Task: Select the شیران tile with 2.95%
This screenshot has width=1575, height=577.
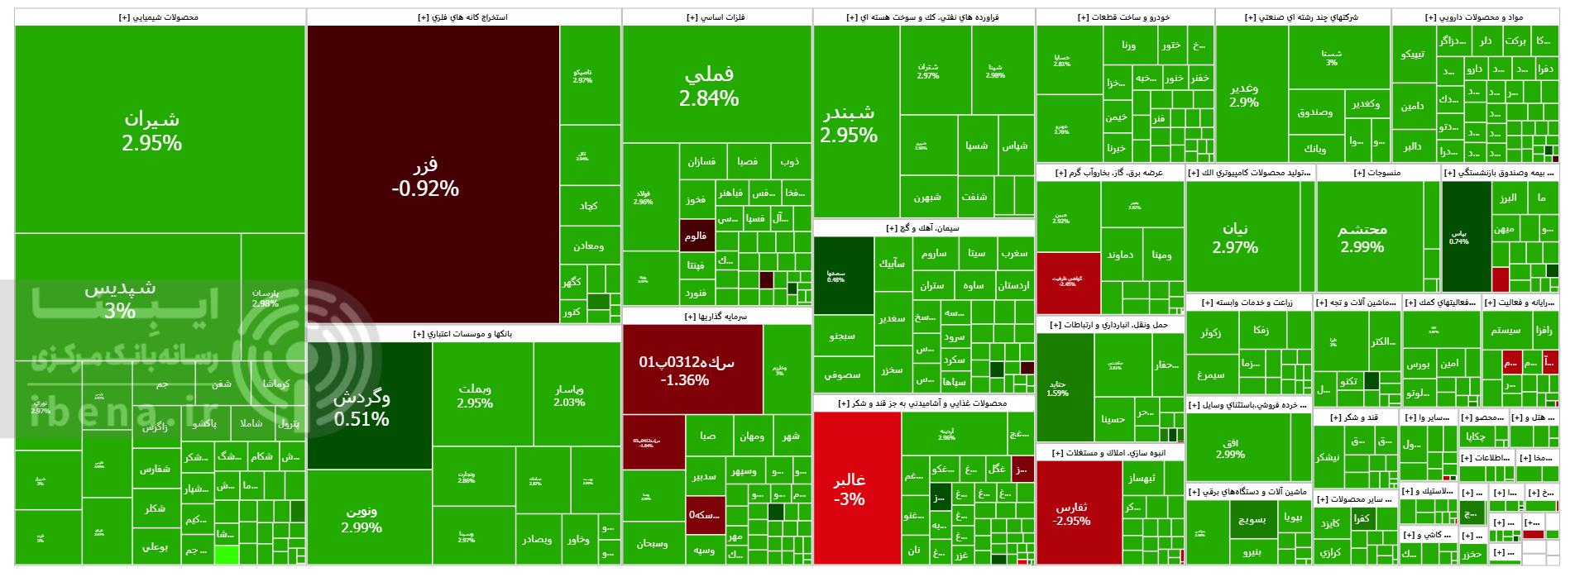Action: click(x=151, y=131)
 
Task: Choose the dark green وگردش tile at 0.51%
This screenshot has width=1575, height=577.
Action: click(x=361, y=407)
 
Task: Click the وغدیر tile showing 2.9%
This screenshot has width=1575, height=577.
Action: click(x=1244, y=94)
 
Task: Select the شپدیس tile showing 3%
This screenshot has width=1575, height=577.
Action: click(x=120, y=298)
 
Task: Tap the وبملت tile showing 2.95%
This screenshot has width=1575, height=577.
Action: click(x=475, y=396)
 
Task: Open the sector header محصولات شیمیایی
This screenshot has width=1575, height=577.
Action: click(x=160, y=17)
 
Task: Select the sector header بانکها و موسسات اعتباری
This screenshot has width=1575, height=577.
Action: click(x=463, y=333)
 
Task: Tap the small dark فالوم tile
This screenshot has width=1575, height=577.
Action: click(x=696, y=236)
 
